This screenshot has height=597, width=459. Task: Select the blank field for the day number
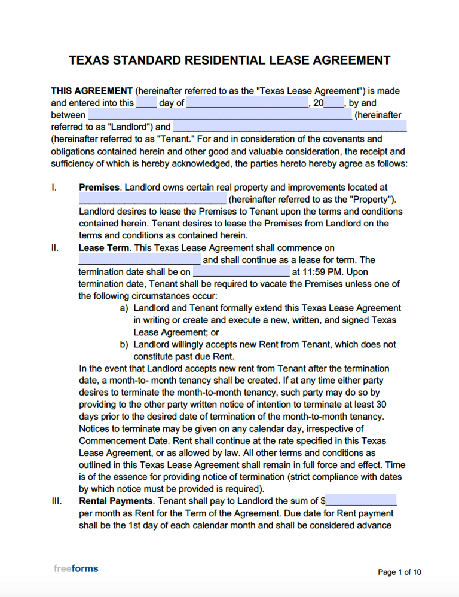(146, 103)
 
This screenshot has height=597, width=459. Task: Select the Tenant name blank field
(290, 127)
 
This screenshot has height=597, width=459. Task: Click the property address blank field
(152, 199)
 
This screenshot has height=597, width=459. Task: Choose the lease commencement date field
(139, 260)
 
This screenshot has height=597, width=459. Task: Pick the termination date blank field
(241, 272)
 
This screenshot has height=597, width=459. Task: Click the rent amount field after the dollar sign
(361, 501)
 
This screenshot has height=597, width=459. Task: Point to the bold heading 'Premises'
(99, 188)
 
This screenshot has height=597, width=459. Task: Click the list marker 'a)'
(124, 308)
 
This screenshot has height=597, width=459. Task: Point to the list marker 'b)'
(124, 344)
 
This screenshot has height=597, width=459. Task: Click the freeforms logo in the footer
(76, 568)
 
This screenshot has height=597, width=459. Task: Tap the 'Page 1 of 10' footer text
(399, 572)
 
